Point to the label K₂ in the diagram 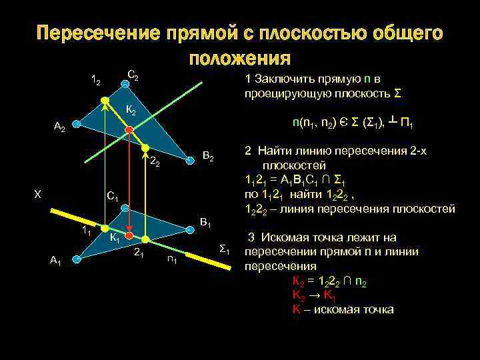[x=131, y=110]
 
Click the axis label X [x=38, y=194]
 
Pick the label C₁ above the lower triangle [x=112, y=197]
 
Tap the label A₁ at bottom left [x=56, y=261]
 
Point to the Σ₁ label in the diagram [x=225, y=249]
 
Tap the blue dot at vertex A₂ [x=77, y=124]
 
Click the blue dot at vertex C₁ [x=123, y=207]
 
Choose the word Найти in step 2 [x=275, y=151]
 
